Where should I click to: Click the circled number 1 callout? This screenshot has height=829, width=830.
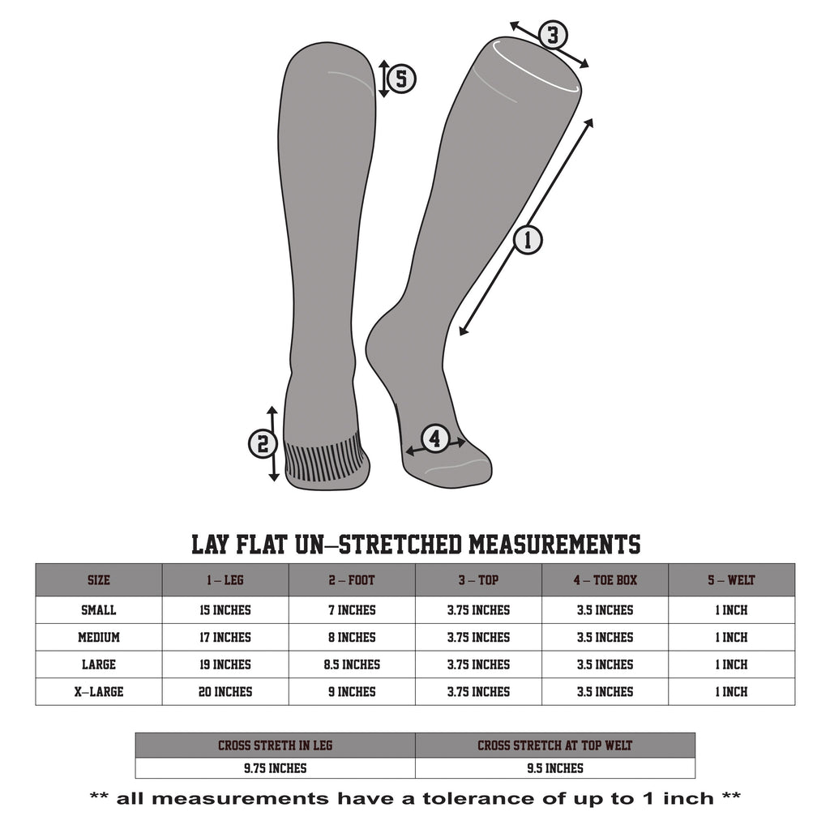click(528, 240)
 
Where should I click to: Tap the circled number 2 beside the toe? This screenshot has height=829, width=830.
click(263, 443)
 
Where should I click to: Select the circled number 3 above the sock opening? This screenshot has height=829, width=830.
click(553, 35)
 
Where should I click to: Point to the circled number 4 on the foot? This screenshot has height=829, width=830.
click(435, 439)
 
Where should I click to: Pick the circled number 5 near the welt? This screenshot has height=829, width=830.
click(401, 79)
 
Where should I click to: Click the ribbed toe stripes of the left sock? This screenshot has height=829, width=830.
click(324, 459)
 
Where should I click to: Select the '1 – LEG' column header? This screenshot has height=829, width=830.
click(225, 580)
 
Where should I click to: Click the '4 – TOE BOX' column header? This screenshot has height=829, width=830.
click(605, 580)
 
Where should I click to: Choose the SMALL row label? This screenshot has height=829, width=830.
click(98, 610)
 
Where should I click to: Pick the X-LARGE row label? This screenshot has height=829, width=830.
click(98, 692)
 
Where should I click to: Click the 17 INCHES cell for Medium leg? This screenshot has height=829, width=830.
click(225, 638)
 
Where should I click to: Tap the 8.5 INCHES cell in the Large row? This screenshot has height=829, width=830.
click(352, 664)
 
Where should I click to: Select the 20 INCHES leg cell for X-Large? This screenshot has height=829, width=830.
click(225, 692)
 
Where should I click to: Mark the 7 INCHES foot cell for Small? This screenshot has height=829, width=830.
click(352, 610)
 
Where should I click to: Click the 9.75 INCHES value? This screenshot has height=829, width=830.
click(276, 768)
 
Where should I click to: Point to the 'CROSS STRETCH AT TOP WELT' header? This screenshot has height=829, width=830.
click(554, 746)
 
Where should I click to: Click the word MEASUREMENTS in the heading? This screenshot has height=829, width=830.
click(554, 545)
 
